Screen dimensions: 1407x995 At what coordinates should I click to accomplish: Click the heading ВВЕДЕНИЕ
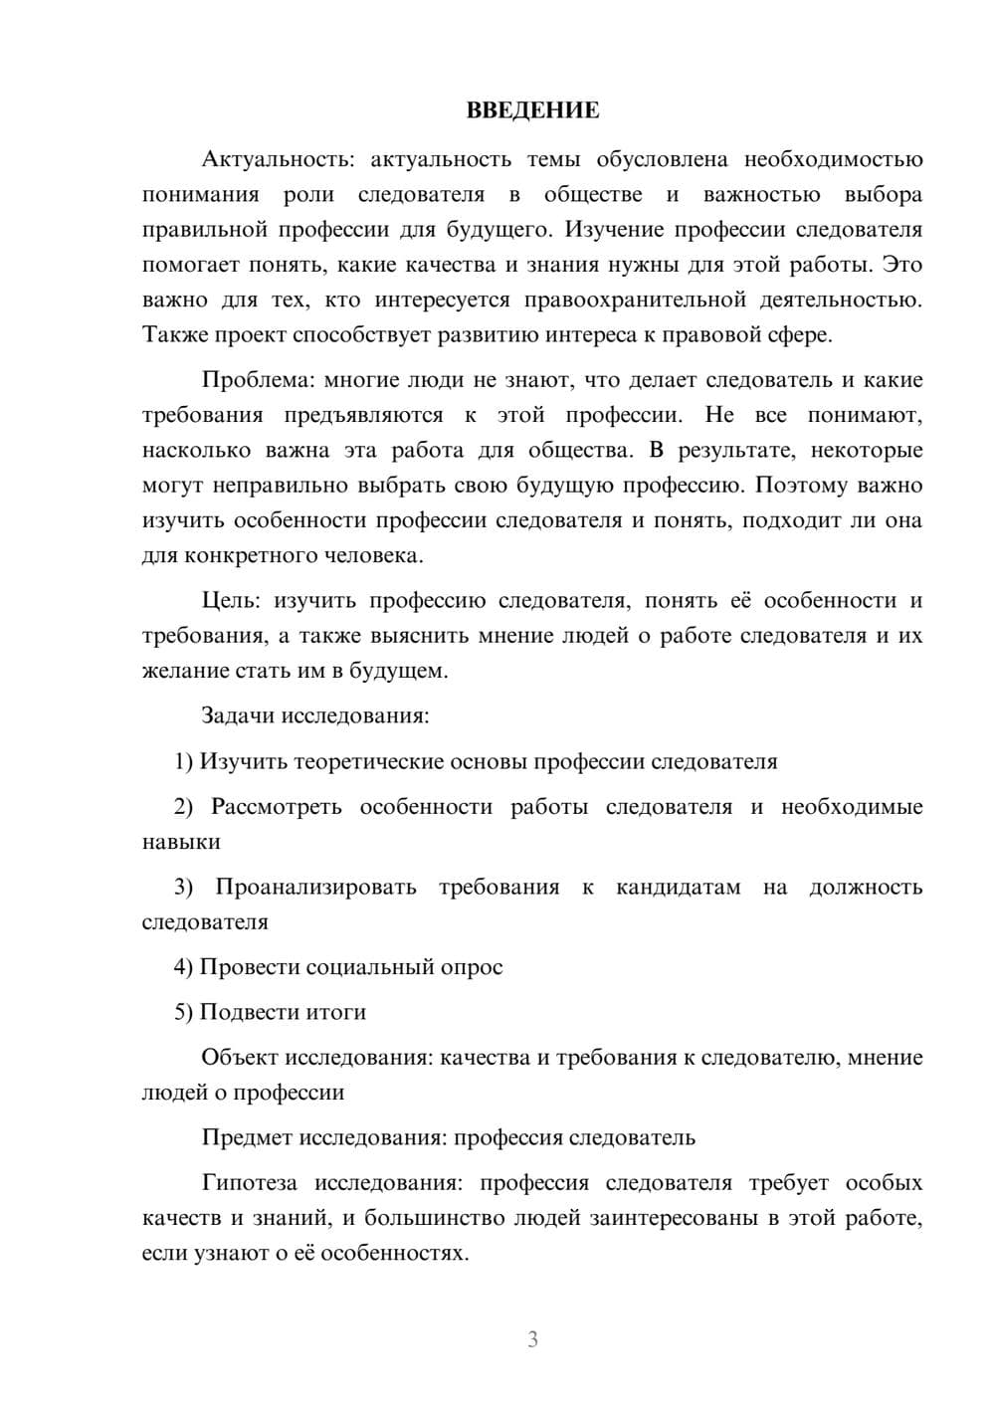[532, 110]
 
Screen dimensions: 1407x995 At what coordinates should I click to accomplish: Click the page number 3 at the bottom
[532, 1339]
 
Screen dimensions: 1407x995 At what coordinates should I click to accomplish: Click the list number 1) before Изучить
[183, 761]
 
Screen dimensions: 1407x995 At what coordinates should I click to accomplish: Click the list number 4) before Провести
[183, 967]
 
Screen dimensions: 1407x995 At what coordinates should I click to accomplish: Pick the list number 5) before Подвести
[183, 1012]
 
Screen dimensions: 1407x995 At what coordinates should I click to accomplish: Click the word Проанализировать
[315, 887]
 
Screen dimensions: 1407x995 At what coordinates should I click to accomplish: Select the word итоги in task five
[335, 1012]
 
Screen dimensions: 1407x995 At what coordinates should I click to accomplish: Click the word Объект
[240, 1058]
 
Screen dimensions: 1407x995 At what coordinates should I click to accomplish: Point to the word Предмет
[247, 1137]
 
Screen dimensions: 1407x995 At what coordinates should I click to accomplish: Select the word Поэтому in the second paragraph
[799, 486]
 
